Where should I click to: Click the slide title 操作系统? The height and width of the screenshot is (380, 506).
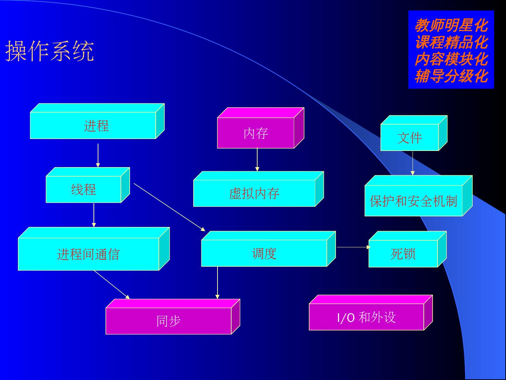point(50,51)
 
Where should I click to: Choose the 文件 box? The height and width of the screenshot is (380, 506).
point(409,138)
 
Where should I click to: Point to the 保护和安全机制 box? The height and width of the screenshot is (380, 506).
point(413,201)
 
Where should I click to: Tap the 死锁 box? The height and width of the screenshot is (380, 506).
point(403,254)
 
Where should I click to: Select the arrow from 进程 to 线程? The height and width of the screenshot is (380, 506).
point(98,155)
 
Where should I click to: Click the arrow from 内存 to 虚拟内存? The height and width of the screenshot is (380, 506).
point(257,160)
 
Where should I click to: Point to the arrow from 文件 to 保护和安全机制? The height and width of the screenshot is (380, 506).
point(413,163)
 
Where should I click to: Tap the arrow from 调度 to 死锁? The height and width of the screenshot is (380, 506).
point(353,247)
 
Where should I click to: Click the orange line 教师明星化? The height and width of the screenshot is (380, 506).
point(451,25)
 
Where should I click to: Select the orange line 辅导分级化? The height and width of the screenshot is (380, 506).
point(451,76)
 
